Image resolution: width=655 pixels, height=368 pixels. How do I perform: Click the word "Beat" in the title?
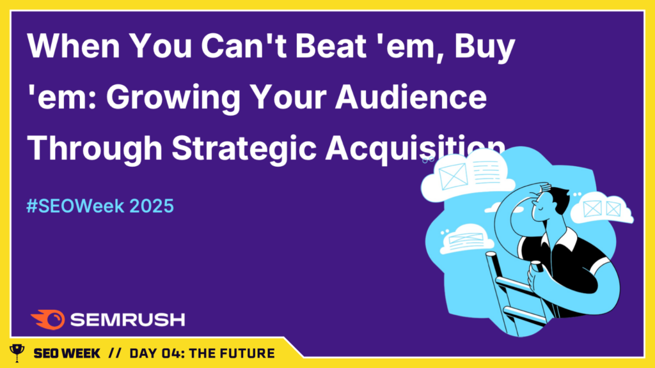tap(331, 45)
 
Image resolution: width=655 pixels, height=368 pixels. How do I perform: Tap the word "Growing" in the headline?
tap(173, 98)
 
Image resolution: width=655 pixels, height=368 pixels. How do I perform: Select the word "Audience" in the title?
tap(411, 96)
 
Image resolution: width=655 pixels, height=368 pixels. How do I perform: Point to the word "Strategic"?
tap(244, 148)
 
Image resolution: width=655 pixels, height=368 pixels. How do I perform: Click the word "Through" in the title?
tap(95, 148)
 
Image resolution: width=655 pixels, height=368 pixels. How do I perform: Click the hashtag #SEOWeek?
tap(75, 206)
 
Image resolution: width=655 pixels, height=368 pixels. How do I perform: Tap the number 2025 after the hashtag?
tap(151, 206)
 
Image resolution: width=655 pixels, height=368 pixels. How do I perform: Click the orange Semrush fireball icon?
tap(48, 319)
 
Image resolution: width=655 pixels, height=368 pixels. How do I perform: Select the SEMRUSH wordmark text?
tap(127, 320)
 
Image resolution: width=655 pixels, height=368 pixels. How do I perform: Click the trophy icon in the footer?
tap(17, 353)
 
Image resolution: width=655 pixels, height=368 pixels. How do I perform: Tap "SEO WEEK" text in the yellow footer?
tap(67, 353)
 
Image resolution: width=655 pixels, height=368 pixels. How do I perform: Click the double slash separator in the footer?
tap(114, 353)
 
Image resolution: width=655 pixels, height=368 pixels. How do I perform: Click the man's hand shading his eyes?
tap(539, 188)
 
